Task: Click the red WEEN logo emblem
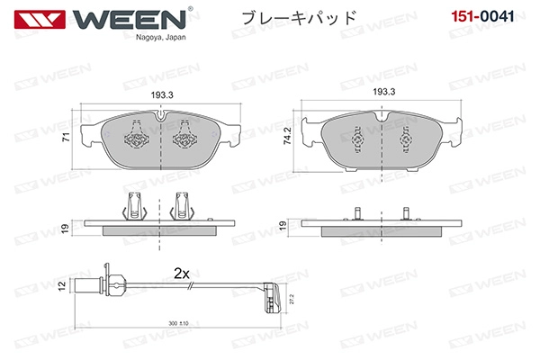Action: pos(40,19)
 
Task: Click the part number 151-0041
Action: pos(482,16)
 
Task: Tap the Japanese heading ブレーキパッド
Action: pos(299,18)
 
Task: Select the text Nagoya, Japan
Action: pos(161,37)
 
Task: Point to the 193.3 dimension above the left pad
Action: pos(162,95)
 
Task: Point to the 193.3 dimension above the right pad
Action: pos(384,92)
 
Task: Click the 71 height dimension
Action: pos(66,137)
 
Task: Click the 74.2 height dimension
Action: pos(287,135)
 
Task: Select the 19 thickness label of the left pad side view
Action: pos(65,228)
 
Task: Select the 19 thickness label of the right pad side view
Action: pos(283,226)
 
